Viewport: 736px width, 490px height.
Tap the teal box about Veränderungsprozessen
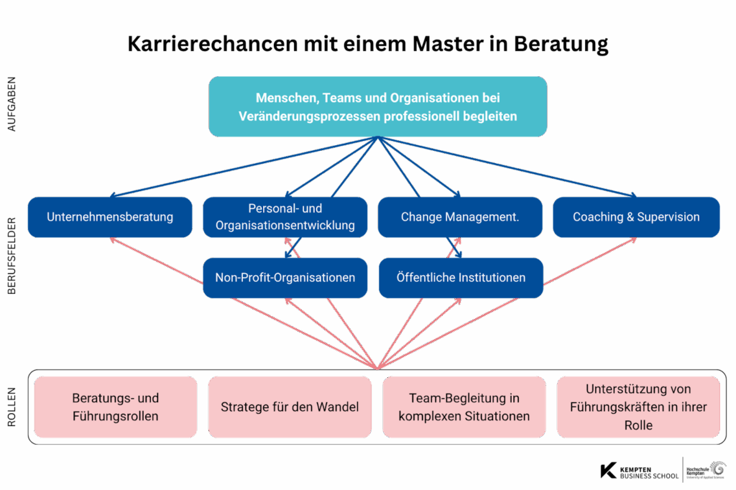tap(377, 106)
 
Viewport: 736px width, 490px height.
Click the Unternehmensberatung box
tap(110, 217)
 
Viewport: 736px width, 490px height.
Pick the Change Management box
tap(460, 217)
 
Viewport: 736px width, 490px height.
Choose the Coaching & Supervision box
tap(636, 217)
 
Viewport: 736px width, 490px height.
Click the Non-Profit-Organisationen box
tap(285, 277)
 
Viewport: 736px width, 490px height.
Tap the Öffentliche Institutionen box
tap(461, 277)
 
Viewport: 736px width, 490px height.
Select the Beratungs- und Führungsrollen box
tap(116, 407)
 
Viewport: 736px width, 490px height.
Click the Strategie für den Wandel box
tap(290, 407)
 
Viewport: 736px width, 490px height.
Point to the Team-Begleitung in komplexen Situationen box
tap(464, 407)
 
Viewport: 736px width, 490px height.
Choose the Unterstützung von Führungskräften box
tap(638, 407)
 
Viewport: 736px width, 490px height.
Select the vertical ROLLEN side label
tap(11, 407)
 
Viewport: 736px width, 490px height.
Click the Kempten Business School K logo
tap(608, 471)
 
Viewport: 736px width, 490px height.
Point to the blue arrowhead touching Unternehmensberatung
tap(113, 195)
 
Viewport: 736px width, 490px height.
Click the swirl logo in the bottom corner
tap(717, 469)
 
